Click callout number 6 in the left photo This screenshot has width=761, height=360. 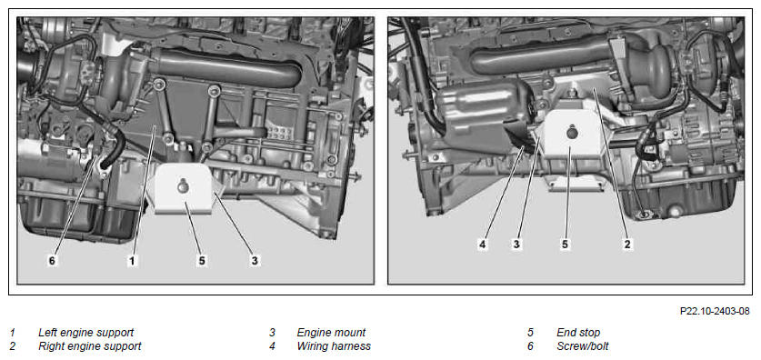(x=52, y=261)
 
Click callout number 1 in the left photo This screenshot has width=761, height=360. (x=132, y=261)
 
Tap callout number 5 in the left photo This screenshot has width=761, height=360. (x=202, y=261)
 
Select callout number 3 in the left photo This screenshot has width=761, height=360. (x=255, y=261)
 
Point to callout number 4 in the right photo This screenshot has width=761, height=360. (x=483, y=245)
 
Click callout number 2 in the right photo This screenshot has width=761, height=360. (x=627, y=245)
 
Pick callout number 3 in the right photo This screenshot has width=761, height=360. (x=516, y=245)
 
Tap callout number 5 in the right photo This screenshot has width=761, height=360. (x=565, y=245)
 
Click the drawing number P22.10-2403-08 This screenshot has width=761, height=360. (x=715, y=311)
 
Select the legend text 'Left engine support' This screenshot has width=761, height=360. (x=85, y=333)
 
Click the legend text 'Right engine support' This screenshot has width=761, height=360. (x=90, y=346)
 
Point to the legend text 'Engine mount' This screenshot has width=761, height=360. (x=331, y=333)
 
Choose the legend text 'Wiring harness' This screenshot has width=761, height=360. (x=334, y=346)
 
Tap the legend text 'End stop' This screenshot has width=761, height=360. (x=578, y=333)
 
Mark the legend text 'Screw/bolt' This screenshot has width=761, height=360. (x=583, y=346)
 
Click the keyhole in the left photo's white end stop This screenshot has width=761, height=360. (x=184, y=185)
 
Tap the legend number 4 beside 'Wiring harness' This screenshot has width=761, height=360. (x=272, y=346)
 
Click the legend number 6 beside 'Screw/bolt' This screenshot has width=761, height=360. (x=530, y=346)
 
